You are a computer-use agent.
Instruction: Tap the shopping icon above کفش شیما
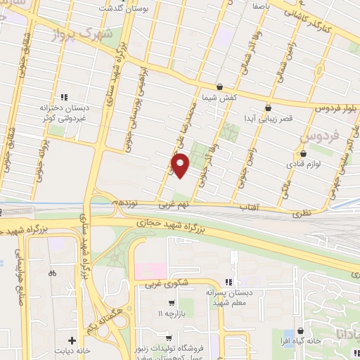[x=220, y=87]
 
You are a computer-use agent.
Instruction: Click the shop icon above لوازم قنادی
[x=303, y=153]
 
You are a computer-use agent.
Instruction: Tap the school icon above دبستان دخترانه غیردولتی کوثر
[x=63, y=97]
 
